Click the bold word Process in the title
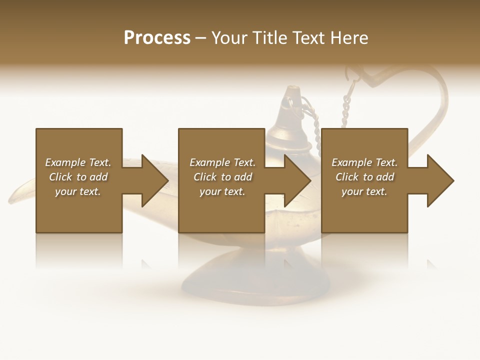pyautogui.click(x=157, y=38)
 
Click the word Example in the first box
pyautogui.click(x=65, y=162)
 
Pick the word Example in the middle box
pyautogui.click(x=209, y=162)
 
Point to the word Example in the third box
pyautogui.click(x=351, y=162)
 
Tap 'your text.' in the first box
pyautogui.click(x=78, y=191)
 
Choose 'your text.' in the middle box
pyautogui.click(x=222, y=191)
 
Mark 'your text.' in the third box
pyautogui.click(x=364, y=191)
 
